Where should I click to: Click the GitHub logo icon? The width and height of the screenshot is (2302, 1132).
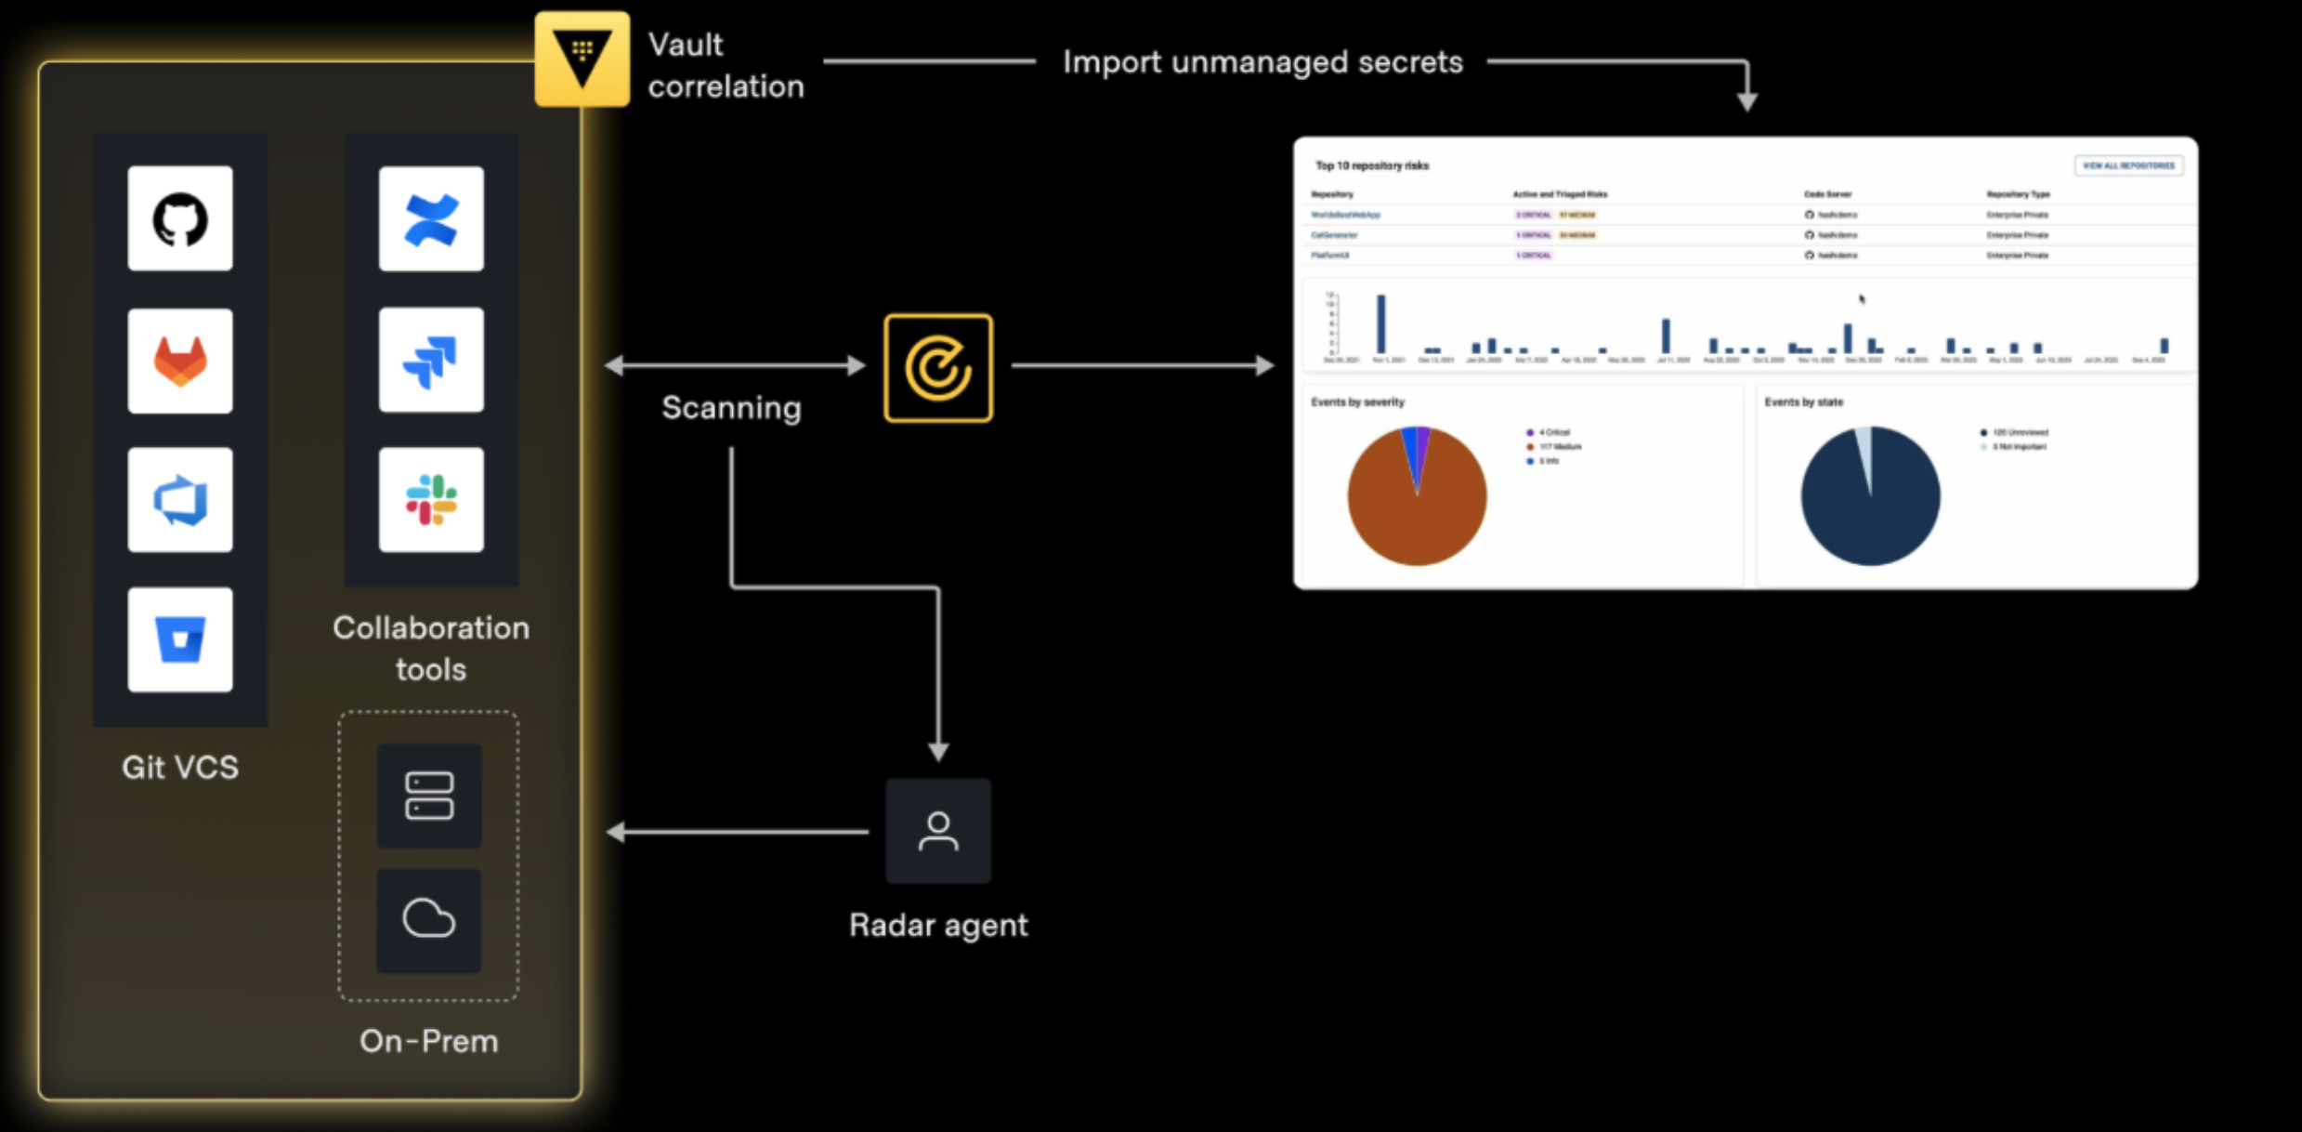pos(180,219)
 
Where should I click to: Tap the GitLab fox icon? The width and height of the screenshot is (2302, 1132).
pos(180,361)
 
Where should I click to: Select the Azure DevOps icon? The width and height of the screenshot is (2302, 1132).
pos(180,500)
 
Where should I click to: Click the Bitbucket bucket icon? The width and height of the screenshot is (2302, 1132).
pos(180,639)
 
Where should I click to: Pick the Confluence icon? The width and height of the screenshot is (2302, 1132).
pos(431,219)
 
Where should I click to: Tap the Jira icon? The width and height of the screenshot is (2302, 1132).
pos(431,361)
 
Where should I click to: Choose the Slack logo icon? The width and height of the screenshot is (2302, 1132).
pos(431,500)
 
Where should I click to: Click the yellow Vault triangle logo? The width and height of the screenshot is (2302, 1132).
pos(582,59)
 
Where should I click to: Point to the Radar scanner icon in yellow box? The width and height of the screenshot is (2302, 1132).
pos(938,368)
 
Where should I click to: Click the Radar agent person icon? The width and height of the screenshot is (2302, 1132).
pos(938,831)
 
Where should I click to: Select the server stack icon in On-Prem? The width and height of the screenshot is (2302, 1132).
pos(429,796)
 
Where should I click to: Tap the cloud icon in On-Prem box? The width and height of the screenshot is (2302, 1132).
pos(429,920)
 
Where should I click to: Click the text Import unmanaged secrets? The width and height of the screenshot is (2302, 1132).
pos(1262,62)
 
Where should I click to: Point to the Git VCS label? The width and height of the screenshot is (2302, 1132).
pos(180,768)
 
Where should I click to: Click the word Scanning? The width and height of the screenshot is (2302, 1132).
pos(731,408)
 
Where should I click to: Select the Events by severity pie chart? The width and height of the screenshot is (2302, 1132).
pos(1417,496)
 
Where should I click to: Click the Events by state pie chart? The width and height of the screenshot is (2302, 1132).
pos(1870,496)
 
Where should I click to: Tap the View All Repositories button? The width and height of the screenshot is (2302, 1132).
pos(2128,165)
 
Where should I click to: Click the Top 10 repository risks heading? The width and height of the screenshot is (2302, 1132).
pos(1372,165)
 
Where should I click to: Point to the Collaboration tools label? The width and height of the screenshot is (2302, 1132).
pos(431,648)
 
